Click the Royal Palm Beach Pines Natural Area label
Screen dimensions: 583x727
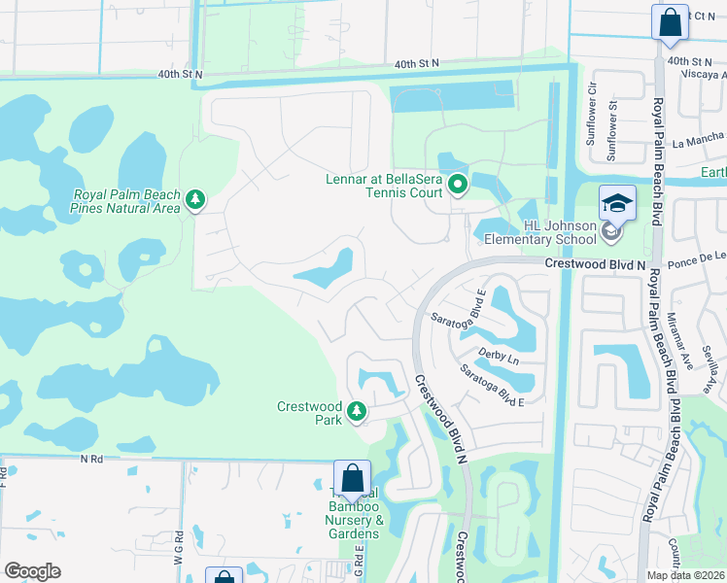126,200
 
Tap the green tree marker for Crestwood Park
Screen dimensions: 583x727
357,412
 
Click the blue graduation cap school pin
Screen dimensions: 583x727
617,203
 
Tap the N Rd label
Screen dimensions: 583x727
91,458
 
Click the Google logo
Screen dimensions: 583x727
33,570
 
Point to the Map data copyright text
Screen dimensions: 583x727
685,575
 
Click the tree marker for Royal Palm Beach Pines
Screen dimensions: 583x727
195,200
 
